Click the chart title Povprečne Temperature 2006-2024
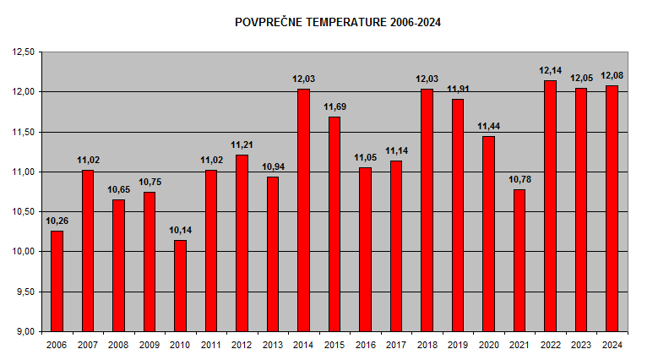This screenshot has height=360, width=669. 338,23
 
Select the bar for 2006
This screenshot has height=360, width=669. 57,281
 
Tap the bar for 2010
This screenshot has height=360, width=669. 180,286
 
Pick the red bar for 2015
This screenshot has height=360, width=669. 334,224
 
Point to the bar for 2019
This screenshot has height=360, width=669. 458,215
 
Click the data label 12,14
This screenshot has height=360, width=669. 550,71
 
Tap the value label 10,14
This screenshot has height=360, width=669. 180,230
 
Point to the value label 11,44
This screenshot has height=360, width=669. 488,127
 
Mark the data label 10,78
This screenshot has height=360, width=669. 519,179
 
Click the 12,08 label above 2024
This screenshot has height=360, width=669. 612,76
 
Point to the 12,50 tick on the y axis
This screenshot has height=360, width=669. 23,52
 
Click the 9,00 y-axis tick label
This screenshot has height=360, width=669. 24,331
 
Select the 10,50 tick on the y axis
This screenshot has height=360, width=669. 23,211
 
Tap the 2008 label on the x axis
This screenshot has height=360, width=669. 118,345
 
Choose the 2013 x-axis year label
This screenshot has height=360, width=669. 273,345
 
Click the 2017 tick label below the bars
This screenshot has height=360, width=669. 396,345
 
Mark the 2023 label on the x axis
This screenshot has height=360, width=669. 581,345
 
